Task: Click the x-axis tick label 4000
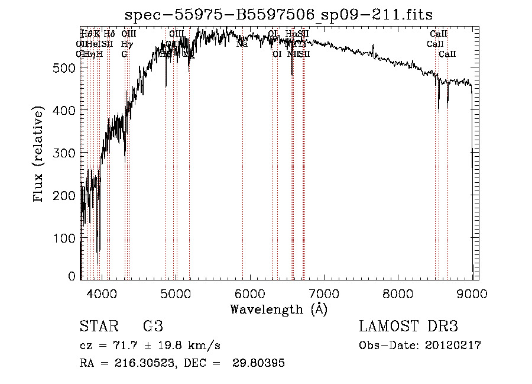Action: tap(102, 293)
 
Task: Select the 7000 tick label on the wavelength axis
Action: tap(324, 293)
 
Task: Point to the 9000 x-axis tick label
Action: tap(472, 293)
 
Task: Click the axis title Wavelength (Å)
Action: tap(278, 309)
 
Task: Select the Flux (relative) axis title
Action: tap(40, 155)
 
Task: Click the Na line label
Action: tap(242, 44)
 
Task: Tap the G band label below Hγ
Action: tap(124, 54)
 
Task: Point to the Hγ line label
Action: tap(126, 44)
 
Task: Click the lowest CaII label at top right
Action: tap(447, 54)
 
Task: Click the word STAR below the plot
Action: tap(96, 327)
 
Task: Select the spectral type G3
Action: tap(153, 327)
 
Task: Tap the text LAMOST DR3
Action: tap(408, 327)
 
